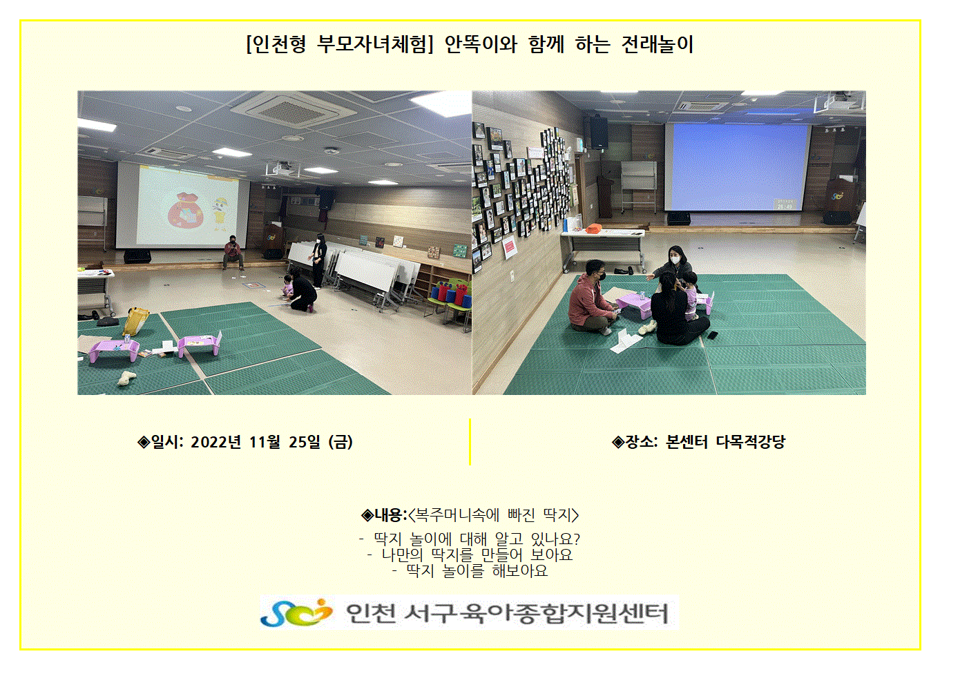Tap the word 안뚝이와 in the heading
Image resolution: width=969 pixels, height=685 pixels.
pos(481,44)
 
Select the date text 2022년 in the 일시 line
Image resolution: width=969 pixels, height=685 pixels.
pos(215,442)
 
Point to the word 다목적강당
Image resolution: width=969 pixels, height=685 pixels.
pos(751,442)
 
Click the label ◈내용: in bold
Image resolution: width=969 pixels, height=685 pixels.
pos(384,515)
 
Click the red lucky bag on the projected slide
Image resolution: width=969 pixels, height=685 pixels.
pos(184,210)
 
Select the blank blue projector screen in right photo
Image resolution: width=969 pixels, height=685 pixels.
pos(736,167)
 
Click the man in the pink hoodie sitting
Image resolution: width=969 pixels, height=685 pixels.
pos(591,298)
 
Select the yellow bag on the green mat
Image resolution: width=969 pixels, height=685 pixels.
pos(135,321)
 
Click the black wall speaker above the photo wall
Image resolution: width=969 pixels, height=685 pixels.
pos(599,133)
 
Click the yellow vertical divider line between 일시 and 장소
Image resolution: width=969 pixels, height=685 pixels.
pos(470,441)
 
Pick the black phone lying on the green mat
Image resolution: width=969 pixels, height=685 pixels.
pos(713,335)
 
